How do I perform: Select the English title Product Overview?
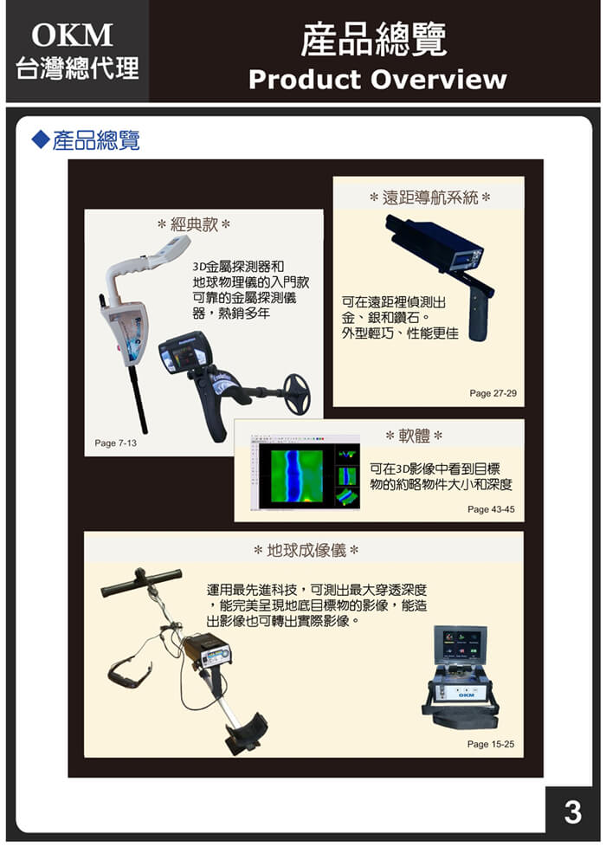(x=377, y=80)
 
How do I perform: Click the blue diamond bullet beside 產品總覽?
(x=39, y=139)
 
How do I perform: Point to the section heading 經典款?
(x=193, y=225)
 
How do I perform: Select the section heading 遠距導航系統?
(x=429, y=197)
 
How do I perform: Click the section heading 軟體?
(x=414, y=435)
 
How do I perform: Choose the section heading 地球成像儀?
(x=306, y=551)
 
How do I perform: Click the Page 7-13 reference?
(x=115, y=443)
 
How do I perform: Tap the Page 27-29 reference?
(x=493, y=393)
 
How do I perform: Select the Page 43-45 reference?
(x=490, y=509)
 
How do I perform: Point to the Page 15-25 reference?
(x=490, y=744)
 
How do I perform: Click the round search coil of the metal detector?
(x=297, y=394)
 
